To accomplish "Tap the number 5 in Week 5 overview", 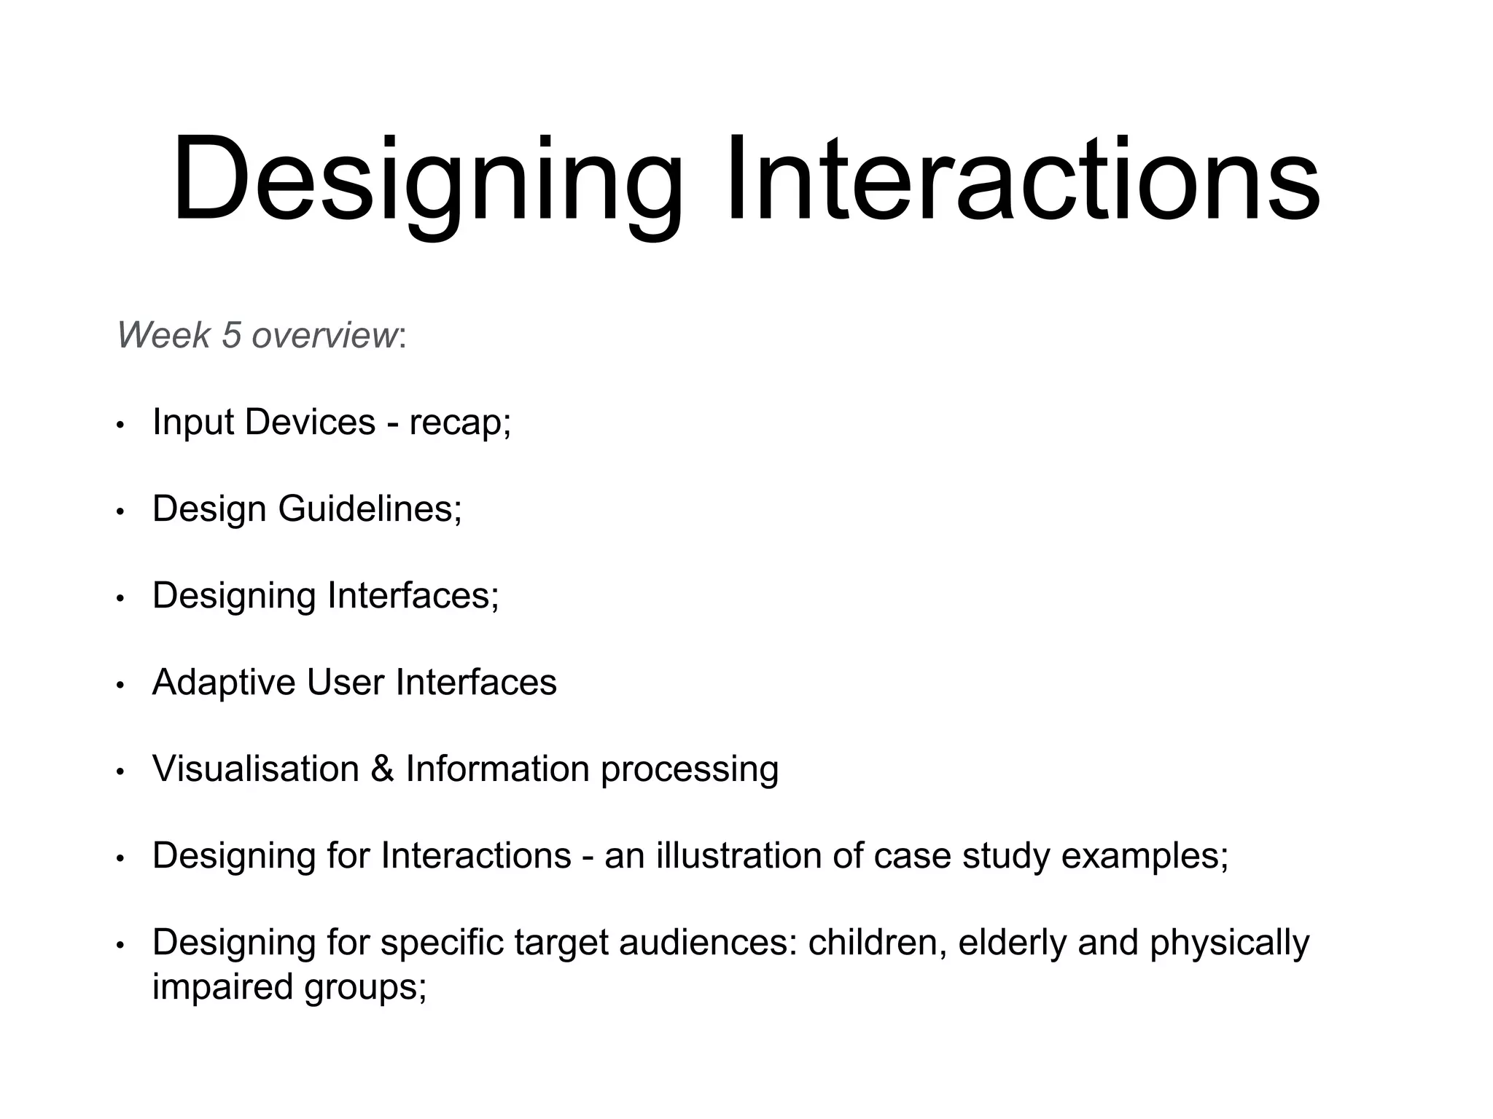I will coord(231,335).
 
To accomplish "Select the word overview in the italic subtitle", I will coord(324,335).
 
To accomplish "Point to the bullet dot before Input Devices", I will coord(121,425).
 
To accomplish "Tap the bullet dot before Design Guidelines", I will coord(121,512).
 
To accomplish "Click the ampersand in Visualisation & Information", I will coord(382,769).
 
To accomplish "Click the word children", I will coord(877,942).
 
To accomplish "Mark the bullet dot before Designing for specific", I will coord(121,946).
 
